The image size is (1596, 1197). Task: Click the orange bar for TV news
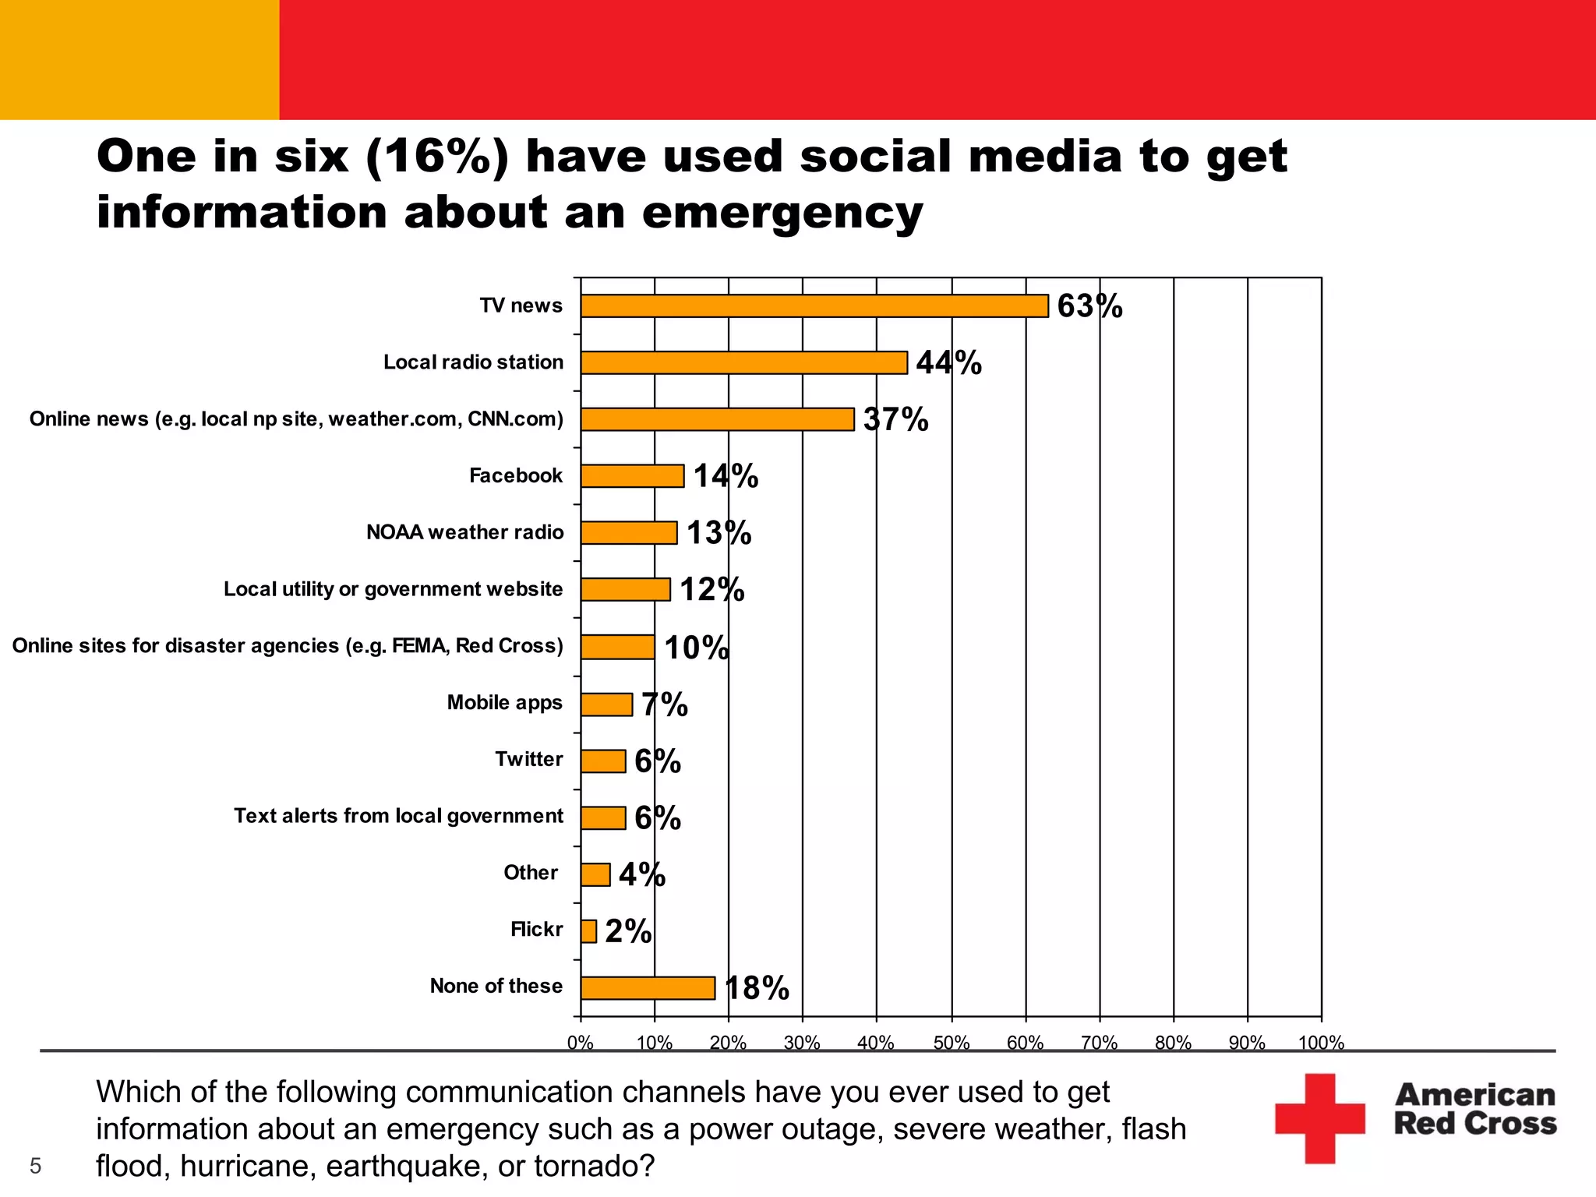pyautogui.click(x=814, y=306)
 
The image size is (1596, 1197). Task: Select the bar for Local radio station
pyautogui.click(x=744, y=362)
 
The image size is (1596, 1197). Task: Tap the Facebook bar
pyautogui.click(x=632, y=476)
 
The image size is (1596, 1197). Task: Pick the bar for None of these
pyautogui.click(x=648, y=988)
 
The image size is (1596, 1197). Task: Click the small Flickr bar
pyautogui.click(x=588, y=931)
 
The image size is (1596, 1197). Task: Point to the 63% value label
pyautogui.click(x=1089, y=306)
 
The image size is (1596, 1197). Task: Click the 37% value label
pyautogui.click(x=895, y=419)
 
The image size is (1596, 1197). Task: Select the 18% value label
pyautogui.click(x=757, y=988)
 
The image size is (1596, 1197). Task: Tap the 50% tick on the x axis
pyautogui.click(x=952, y=1043)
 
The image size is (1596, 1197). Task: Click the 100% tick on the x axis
pyautogui.click(x=1321, y=1043)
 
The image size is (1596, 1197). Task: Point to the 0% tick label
pyautogui.click(x=581, y=1043)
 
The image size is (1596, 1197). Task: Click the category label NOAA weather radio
pyautogui.click(x=464, y=532)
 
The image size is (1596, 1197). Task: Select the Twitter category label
pyautogui.click(x=528, y=759)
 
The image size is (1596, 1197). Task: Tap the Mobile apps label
pyautogui.click(x=504, y=703)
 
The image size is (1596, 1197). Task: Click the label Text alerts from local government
pyautogui.click(x=398, y=816)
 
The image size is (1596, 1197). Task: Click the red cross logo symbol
pyautogui.click(x=1319, y=1118)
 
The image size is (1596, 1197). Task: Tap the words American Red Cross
pyautogui.click(x=1474, y=1109)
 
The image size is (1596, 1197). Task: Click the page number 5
pyautogui.click(x=35, y=1166)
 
